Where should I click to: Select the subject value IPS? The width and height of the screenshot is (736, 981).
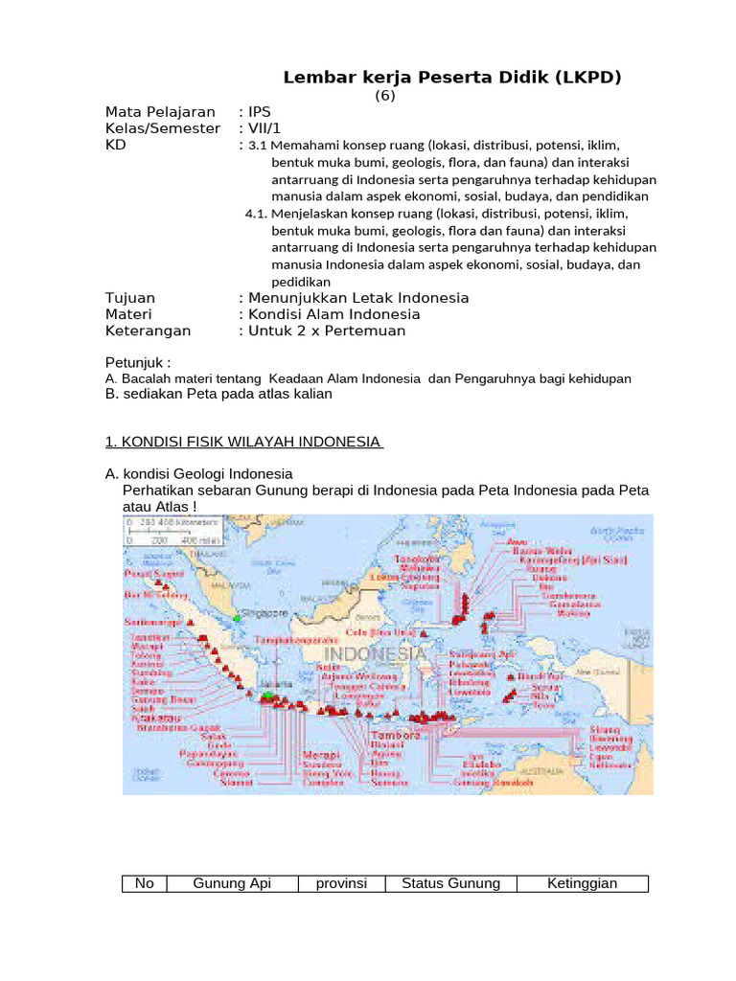[259, 112]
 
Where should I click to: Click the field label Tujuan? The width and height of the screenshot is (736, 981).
[129, 298]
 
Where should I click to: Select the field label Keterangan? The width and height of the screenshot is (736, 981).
[148, 331]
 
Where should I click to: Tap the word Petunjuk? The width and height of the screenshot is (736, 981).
[134, 363]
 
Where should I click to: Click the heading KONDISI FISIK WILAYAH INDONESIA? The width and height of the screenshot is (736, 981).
[244, 442]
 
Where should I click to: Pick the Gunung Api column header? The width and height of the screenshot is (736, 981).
[232, 883]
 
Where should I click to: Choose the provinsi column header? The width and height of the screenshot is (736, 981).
[341, 883]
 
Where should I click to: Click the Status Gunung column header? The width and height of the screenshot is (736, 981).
[450, 883]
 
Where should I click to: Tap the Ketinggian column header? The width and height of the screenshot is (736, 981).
[582, 883]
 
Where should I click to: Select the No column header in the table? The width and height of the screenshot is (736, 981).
[145, 883]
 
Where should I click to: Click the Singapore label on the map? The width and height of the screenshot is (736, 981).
[264, 611]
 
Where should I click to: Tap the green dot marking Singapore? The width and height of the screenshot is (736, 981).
[238, 618]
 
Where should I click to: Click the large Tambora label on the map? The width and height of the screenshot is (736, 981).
[393, 736]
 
